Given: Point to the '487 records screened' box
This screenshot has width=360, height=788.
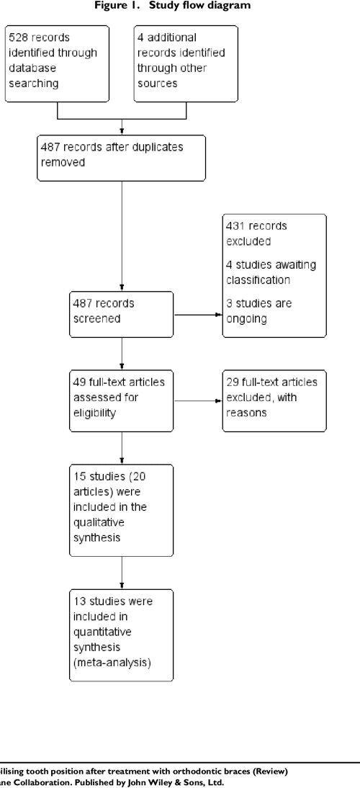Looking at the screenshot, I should (x=121, y=314).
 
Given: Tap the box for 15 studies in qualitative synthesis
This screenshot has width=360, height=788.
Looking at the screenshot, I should (x=121, y=510).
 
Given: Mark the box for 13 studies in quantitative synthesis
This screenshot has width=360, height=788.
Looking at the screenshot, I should (x=121, y=633).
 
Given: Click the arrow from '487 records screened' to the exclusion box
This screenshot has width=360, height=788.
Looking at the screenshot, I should (x=197, y=315).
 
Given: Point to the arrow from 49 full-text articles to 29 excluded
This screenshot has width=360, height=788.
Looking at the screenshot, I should (x=197, y=401).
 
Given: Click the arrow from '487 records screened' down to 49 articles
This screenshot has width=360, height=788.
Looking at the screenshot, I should (x=122, y=353).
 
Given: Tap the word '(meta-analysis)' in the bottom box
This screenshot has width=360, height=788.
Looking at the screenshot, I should (x=112, y=663).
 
